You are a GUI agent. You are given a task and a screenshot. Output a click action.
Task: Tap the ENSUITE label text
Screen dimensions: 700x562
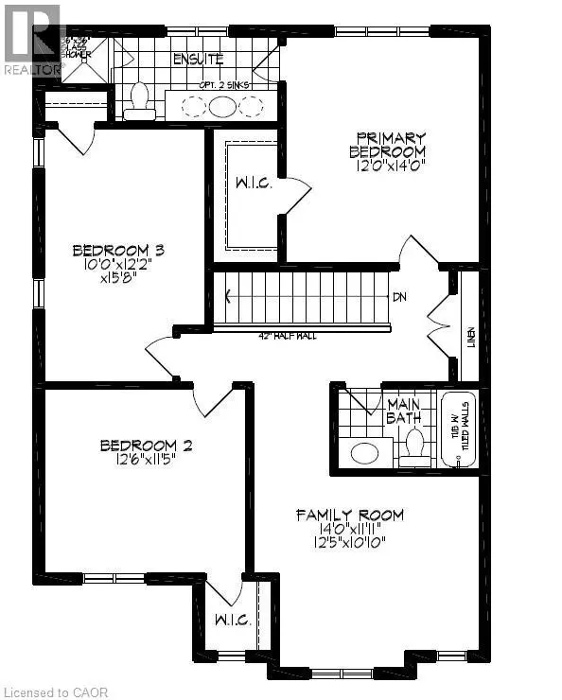[198, 60]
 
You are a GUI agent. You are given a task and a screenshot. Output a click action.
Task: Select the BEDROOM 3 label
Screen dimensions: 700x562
[119, 251]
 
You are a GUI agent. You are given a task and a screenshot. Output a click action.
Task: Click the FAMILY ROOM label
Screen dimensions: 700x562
[350, 516]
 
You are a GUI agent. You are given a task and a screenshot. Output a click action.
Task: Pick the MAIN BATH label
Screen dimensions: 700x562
[404, 411]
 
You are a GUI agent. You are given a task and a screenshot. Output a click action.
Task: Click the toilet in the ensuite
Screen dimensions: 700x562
[140, 102]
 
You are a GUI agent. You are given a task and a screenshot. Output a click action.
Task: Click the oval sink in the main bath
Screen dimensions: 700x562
[364, 452]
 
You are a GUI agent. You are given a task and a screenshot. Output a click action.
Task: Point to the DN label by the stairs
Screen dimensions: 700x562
[399, 297]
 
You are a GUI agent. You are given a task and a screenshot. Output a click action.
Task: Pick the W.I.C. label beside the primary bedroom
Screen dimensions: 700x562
[253, 184]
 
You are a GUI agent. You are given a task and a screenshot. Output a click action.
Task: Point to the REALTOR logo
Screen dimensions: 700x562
[30, 38]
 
